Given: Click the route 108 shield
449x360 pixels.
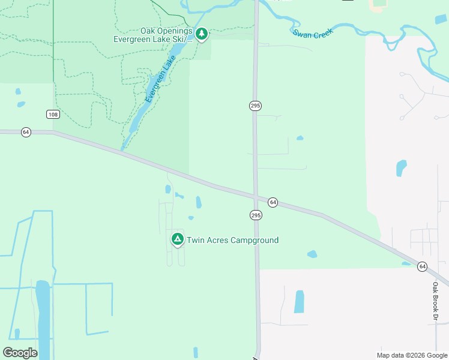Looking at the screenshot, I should [53, 114].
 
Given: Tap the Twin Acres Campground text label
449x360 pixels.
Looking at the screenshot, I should [233, 241].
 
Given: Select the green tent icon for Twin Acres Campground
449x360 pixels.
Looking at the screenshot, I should [177, 239].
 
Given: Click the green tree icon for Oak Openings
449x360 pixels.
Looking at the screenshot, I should [202, 34].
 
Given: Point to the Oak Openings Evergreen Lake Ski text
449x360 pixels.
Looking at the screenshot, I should [153, 35].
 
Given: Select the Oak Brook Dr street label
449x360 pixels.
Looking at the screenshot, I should [436, 301].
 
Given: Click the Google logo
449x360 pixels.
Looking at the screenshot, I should [20, 353].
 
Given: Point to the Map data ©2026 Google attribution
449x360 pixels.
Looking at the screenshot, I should [412, 355].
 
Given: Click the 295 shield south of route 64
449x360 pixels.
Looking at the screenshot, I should [256, 215].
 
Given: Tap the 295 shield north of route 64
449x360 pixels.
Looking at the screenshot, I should [255, 106].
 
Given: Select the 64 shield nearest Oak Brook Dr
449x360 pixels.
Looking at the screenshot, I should [423, 266].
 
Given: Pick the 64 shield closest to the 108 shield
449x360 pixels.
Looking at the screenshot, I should [26, 132].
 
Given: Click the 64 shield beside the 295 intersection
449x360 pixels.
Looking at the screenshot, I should [273, 202].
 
